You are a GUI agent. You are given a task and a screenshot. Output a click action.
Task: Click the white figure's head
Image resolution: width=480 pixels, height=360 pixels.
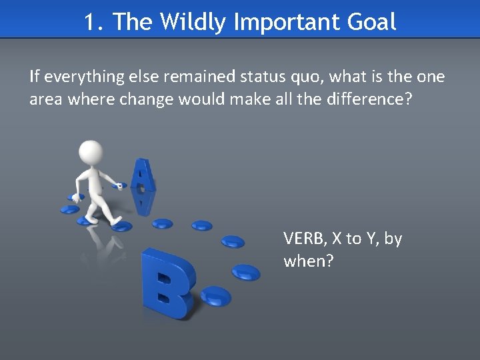point(91,151)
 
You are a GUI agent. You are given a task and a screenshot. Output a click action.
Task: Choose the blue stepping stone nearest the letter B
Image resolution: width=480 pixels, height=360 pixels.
point(215,294)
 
